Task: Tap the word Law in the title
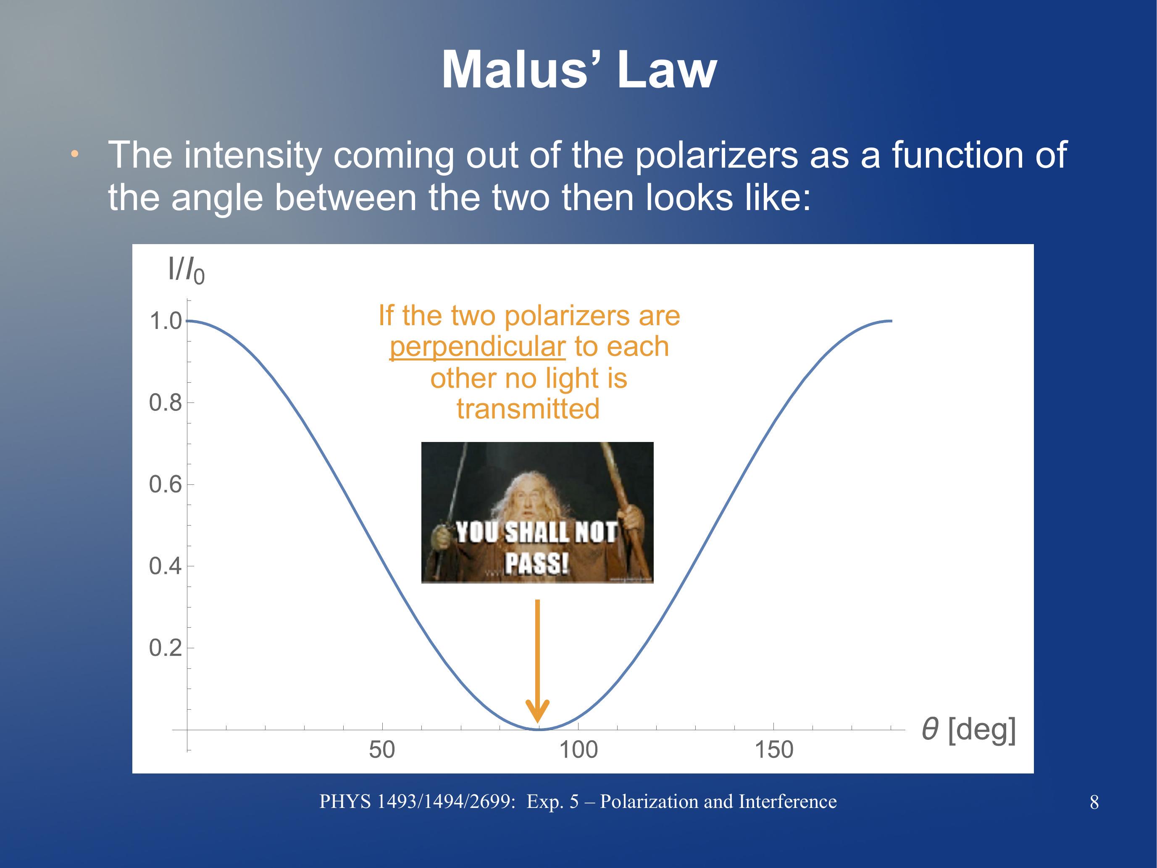click(667, 70)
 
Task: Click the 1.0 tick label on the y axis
click(165, 321)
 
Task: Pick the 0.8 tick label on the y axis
click(165, 403)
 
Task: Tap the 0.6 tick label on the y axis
click(165, 484)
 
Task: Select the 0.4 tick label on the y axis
click(165, 566)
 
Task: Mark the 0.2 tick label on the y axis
click(165, 648)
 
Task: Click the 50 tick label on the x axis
click(382, 750)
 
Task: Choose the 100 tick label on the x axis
click(578, 750)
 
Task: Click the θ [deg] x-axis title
click(969, 730)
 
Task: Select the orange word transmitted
click(528, 409)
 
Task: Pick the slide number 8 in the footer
click(1094, 802)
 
